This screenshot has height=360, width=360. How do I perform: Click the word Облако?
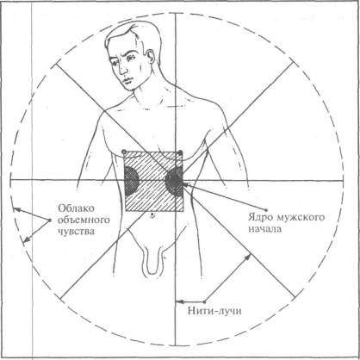(x=77, y=208)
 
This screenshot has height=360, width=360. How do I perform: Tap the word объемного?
(x=84, y=220)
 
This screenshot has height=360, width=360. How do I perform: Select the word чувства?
(x=77, y=232)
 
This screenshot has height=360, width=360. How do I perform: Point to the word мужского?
(x=301, y=217)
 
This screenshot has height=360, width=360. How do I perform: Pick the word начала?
(x=265, y=229)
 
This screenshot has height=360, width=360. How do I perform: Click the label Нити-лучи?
(x=214, y=311)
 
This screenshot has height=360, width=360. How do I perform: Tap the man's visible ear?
(x=150, y=59)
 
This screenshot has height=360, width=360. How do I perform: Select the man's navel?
(x=152, y=215)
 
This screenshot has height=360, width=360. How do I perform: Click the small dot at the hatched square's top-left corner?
(x=124, y=152)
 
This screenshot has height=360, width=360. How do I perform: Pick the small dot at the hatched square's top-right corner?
(x=180, y=152)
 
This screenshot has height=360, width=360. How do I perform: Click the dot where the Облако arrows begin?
(x=50, y=220)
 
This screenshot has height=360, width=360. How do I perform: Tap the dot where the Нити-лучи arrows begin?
(x=204, y=301)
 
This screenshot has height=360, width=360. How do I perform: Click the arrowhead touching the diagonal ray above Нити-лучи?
(x=248, y=257)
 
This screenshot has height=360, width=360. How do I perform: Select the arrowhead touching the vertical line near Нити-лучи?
(x=178, y=301)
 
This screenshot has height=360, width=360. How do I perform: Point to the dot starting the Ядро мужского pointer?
(x=266, y=209)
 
